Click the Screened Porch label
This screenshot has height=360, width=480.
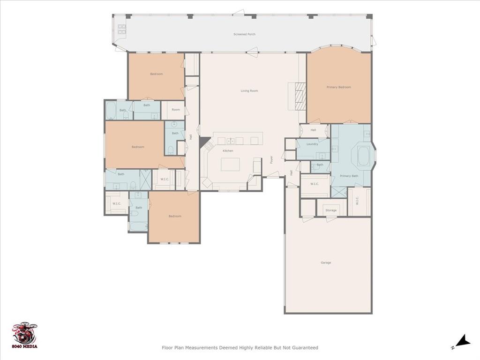244,34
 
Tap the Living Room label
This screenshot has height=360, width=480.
249,90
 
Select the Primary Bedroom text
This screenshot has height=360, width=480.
338,87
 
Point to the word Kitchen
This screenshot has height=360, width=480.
228,150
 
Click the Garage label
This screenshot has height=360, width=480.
326,262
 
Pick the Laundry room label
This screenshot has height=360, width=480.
312,144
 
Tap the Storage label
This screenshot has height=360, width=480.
331,210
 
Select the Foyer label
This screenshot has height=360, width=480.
271,159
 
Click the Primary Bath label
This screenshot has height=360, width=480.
349,176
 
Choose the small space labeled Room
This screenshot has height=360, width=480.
176,110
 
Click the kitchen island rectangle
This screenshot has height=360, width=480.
230,165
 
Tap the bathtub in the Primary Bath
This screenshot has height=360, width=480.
363,157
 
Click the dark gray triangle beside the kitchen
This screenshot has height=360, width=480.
204,142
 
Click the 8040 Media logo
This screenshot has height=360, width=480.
25,336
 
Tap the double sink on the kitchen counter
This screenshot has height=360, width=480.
231,141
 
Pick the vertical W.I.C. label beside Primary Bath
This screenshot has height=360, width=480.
357,201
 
